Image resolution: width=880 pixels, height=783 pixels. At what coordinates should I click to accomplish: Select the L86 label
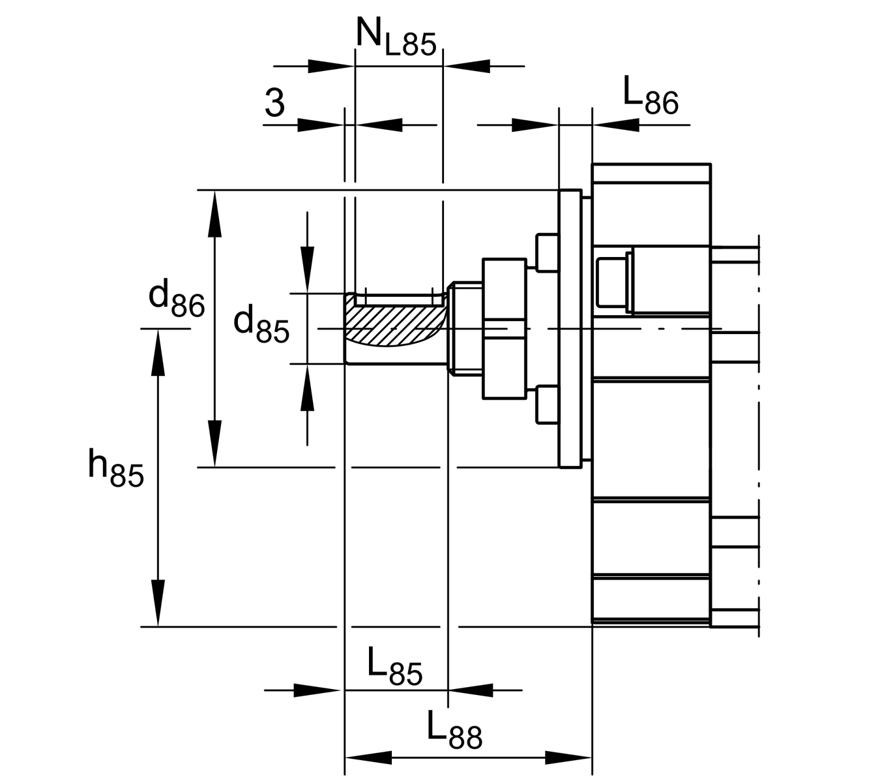coord(651,96)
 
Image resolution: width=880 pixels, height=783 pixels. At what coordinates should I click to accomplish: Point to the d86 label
coord(177,300)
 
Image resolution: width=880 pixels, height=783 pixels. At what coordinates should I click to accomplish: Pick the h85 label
coord(115,468)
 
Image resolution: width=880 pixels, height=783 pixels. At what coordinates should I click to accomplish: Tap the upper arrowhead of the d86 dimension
coord(214,214)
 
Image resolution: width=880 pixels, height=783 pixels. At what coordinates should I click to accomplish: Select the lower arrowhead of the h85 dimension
coord(158,603)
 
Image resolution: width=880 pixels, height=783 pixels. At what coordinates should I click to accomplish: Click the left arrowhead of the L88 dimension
coord(368,758)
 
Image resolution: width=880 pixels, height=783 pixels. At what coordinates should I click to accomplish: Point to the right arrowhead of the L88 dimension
coord(568,758)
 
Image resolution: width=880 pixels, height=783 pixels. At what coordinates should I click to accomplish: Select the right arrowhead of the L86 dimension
coord(616,125)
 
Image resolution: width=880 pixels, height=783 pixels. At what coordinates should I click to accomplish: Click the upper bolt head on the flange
coord(548,253)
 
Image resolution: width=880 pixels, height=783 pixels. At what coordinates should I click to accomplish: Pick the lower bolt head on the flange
coord(548,405)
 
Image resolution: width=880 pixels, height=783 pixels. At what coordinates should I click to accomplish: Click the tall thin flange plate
coord(570,329)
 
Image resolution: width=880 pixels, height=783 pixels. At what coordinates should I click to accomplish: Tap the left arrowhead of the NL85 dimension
coord(331,66)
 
